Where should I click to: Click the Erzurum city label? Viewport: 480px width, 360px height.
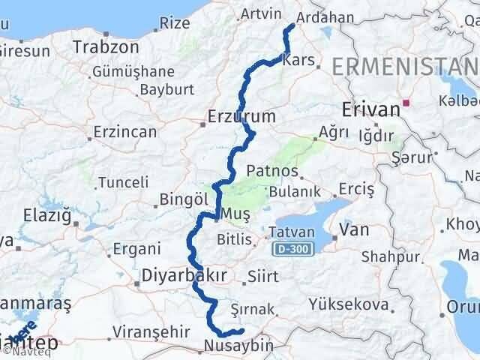tap(242, 117)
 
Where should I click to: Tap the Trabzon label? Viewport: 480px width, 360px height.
tap(106, 46)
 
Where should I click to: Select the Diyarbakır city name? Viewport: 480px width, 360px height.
tap(184, 276)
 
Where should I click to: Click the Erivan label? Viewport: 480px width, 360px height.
tap(370, 109)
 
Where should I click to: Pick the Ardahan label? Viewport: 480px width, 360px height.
tap(325, 16)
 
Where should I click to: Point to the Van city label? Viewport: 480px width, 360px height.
tap(353, 230)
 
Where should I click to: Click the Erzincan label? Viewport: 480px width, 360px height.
tap(125, 132)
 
